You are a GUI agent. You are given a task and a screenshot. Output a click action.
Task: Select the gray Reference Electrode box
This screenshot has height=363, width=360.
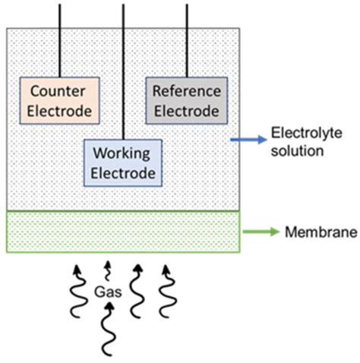[x=186, y=101]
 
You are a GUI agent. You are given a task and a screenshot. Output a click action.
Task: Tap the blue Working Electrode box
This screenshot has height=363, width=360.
[x=123, y=163]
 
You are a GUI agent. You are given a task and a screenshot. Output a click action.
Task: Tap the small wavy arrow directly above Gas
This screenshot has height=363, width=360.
[x=108, y=270]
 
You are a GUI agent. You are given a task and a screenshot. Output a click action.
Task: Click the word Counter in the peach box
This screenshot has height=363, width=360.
[x=57, y=92]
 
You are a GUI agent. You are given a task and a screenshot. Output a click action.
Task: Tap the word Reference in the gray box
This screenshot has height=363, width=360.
[x=187, y=91]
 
